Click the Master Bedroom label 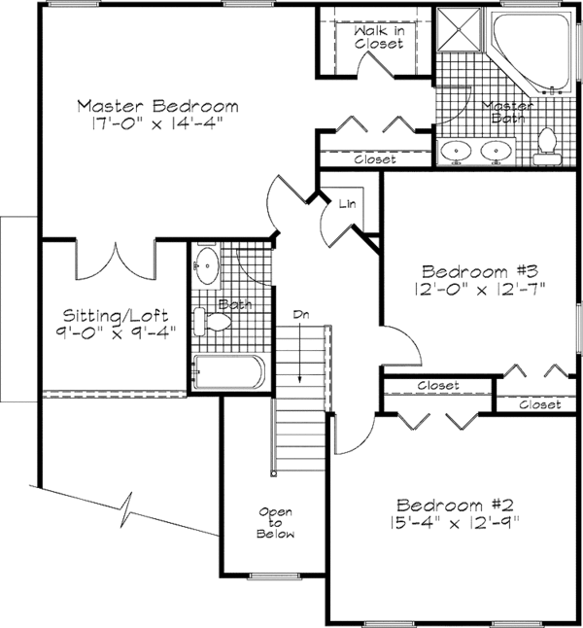[x=157, y=106]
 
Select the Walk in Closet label [x=379, y=37]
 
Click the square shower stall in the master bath [x=459, y=29]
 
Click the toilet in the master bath [x=546, y=147]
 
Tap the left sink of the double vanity [x=456, y=151]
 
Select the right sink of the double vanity [x=497, y=151]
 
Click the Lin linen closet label [x=347, y=204]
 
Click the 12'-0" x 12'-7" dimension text [x=480, y=289]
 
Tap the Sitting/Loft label [x=116, y=316]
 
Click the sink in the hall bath [x=207, y=265]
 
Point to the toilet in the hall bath [x=212, y=322]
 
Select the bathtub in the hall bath [x=228, y=371]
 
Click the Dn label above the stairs [x=301, y=315]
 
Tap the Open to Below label [x=276, y=523]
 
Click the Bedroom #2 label [x=455, y=506]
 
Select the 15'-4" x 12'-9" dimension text [x=455, y=523]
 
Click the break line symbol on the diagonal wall [x=127, y=509]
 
